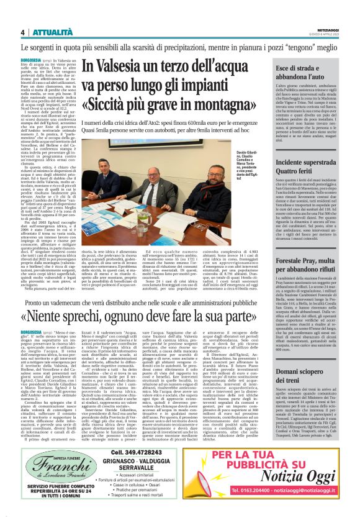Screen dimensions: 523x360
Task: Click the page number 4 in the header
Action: tap(22, 32)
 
